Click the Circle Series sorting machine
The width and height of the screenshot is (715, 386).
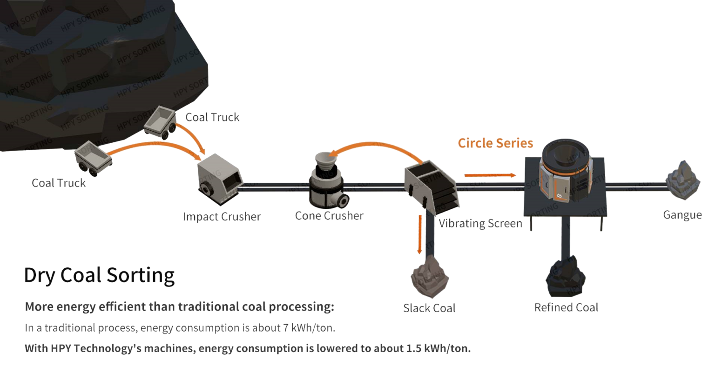click(566, 172)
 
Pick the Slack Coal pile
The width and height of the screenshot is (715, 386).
click(429, 277)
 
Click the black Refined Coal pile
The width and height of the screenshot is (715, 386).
click(566, 277)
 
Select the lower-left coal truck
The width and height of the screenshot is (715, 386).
click(93, 158)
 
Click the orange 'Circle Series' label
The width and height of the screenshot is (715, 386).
click(495, 143)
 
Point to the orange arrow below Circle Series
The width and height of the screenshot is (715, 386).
click(490, 175)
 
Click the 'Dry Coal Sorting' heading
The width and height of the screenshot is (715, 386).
click(99, 275)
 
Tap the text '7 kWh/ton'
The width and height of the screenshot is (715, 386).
click(309, 328)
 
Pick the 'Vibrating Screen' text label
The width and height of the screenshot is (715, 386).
click(480, 223)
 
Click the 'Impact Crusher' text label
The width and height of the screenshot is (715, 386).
click(222, 217)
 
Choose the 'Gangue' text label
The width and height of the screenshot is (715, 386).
click(682, 215)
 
